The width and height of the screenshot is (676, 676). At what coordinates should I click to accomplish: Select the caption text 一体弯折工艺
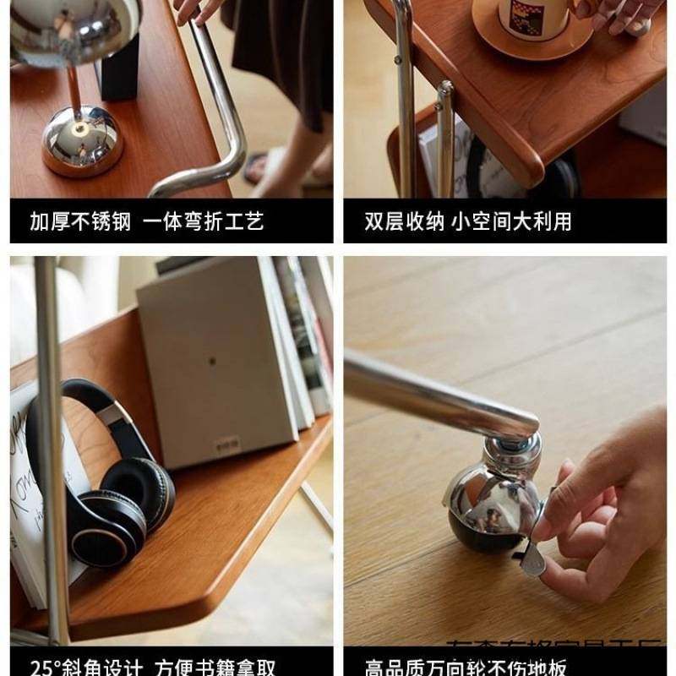click(203, 222)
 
